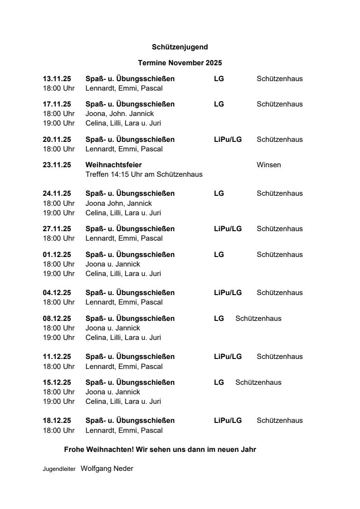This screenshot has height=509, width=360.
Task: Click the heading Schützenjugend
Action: [x=180, y=47]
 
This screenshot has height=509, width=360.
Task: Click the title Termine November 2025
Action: [x=180, y=63]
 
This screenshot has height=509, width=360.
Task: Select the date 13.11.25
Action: [x=57, y=79]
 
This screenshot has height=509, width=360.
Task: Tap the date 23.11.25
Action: [x=57, y=165]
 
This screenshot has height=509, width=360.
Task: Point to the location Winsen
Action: [x=268, y=165]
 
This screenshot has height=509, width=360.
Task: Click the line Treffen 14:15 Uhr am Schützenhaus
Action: [x=144, y=175]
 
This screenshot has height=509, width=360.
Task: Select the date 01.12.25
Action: [x=57, y=255]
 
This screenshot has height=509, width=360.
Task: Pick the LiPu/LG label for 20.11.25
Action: [x=228, y=140]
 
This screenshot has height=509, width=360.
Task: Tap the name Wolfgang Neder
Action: [x=107, y=469]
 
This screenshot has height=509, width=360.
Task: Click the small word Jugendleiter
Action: [x=59, y=470]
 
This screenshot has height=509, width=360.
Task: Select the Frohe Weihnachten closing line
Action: [x=160, y=450]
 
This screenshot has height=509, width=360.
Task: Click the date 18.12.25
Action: [x=57, y=421]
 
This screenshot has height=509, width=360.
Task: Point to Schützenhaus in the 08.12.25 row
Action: [x=258, y=319]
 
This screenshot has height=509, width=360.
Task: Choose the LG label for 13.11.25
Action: [x=219, y=79]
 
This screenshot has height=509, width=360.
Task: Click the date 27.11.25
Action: [x=57, y=229]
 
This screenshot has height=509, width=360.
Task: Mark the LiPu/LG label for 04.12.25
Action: [x=228, y=293]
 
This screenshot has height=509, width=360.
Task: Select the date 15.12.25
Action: [x=57, y=383]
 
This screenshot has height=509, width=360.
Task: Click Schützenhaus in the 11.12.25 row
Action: [x=279, y=357]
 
